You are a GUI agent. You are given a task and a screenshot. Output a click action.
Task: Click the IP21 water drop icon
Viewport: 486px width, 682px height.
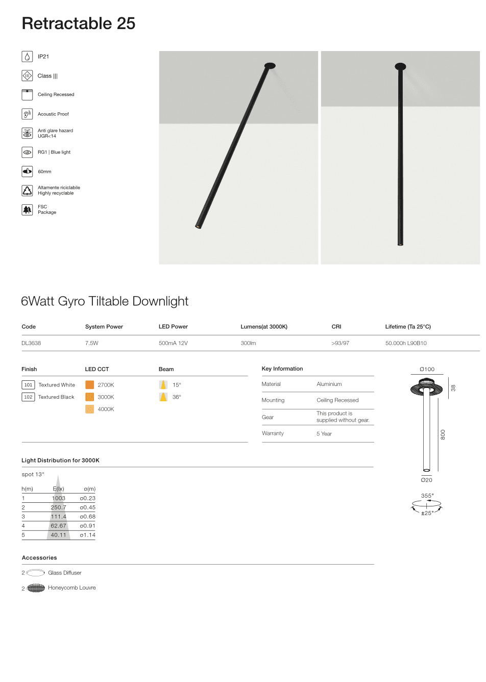click(x=27, y=57)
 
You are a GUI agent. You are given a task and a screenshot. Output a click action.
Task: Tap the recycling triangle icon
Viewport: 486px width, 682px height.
click(x=27, y=190)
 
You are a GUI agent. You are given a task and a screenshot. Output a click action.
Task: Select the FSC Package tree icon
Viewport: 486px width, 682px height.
click(x=27, y=210)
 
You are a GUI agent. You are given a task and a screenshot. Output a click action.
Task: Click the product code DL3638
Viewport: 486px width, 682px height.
click(x=31, y=343)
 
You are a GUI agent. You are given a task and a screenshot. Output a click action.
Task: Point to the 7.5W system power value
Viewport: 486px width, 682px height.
click(x=92, y=343)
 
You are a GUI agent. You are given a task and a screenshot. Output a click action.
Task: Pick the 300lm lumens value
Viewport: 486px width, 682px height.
click(x=248, y=343)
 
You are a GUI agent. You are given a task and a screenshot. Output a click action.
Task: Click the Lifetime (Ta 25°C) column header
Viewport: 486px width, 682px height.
click(x=408, y=327)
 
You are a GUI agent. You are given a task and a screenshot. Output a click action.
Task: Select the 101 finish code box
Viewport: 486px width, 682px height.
click(x=28, y=385)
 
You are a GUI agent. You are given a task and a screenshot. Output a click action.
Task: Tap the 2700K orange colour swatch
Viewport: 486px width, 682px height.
click(x=89, y=385)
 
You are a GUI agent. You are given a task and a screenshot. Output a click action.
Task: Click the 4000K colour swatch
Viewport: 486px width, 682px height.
click(x=89, y=409)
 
